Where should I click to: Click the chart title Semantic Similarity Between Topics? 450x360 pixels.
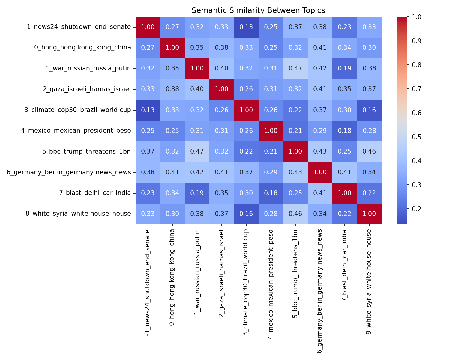[x=258, y=10]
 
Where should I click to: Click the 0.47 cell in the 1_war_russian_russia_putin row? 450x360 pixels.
[x=295, y=68]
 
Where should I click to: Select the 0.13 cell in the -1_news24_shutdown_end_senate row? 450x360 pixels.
[x=246, y=27]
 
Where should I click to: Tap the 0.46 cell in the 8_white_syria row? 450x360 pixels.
[x=295, y=214]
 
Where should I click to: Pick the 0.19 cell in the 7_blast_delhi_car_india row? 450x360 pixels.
[x=197, y=193]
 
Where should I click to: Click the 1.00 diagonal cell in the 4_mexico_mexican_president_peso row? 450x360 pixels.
[x=271, y=131]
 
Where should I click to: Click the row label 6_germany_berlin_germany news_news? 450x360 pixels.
[x=69, y=172]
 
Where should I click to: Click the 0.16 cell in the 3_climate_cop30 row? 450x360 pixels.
[x=369, y=110]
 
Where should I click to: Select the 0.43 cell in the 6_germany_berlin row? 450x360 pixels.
[x=295, y=172]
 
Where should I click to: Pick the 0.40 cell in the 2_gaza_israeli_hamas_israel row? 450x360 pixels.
[x=197, y=89]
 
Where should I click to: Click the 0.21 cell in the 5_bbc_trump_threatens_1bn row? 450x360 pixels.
[x=271, y=151]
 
